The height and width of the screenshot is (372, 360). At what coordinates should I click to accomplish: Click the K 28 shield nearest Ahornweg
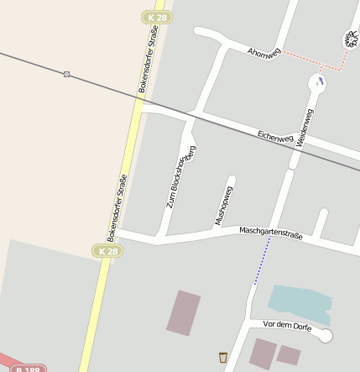point(156,17)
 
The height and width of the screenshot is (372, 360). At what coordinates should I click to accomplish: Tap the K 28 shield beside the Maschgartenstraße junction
point(107,251)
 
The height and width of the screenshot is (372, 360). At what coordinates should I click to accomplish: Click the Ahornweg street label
point(263,53)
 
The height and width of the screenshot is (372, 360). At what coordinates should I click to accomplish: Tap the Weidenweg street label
point(304,128)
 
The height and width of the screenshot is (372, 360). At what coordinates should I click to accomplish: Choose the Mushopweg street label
point(223,205)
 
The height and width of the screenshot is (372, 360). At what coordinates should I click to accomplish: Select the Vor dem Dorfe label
point(287,326)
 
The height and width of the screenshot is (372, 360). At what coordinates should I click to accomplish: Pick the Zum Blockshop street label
point(175,181)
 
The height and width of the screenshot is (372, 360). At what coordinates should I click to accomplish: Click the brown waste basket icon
point(222,357)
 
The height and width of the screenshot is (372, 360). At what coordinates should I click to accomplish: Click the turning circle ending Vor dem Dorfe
point(326,335)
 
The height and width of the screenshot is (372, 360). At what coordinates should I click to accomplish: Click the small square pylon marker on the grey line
point(66,75)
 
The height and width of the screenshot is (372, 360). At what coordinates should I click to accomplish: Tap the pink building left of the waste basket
point(184,312)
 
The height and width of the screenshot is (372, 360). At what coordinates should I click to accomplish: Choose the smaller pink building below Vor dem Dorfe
point(289,354)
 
